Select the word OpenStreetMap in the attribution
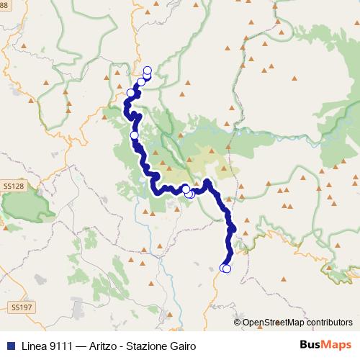click(x=277, y=323)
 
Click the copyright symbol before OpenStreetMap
click(x=237, y=323)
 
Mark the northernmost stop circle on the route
click(x=148, y=70)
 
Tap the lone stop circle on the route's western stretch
click(x=134, y=135)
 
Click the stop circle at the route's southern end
click(x=227, y=269)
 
